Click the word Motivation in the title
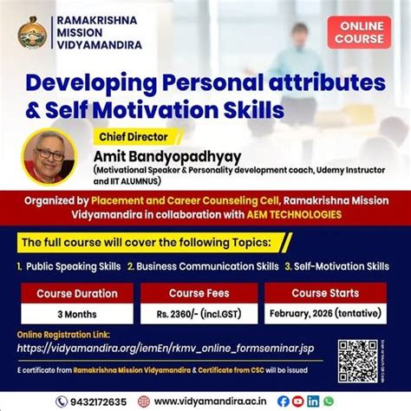tap(168, 112)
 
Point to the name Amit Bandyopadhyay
tap(173, 154)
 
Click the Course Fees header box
tap(199, 293)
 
